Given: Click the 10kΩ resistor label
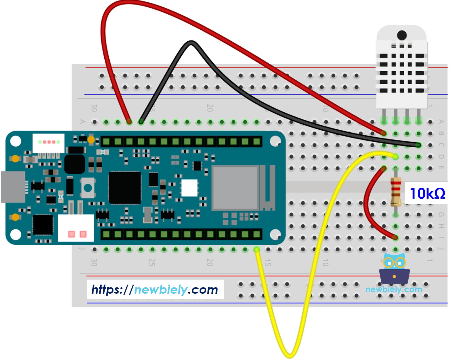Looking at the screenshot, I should point(427,194).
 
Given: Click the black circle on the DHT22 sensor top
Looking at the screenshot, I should point(402,36).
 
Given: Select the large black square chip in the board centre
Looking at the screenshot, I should point(125,188).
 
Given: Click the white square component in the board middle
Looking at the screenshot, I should point(189,188).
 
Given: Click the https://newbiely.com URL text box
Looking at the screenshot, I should point(155,290).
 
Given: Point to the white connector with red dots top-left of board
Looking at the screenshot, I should point(48,143).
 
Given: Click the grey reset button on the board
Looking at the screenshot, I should point(88,188).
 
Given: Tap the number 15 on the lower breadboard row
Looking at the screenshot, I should point(267,262).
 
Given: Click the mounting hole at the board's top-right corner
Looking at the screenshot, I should point(275,141).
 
